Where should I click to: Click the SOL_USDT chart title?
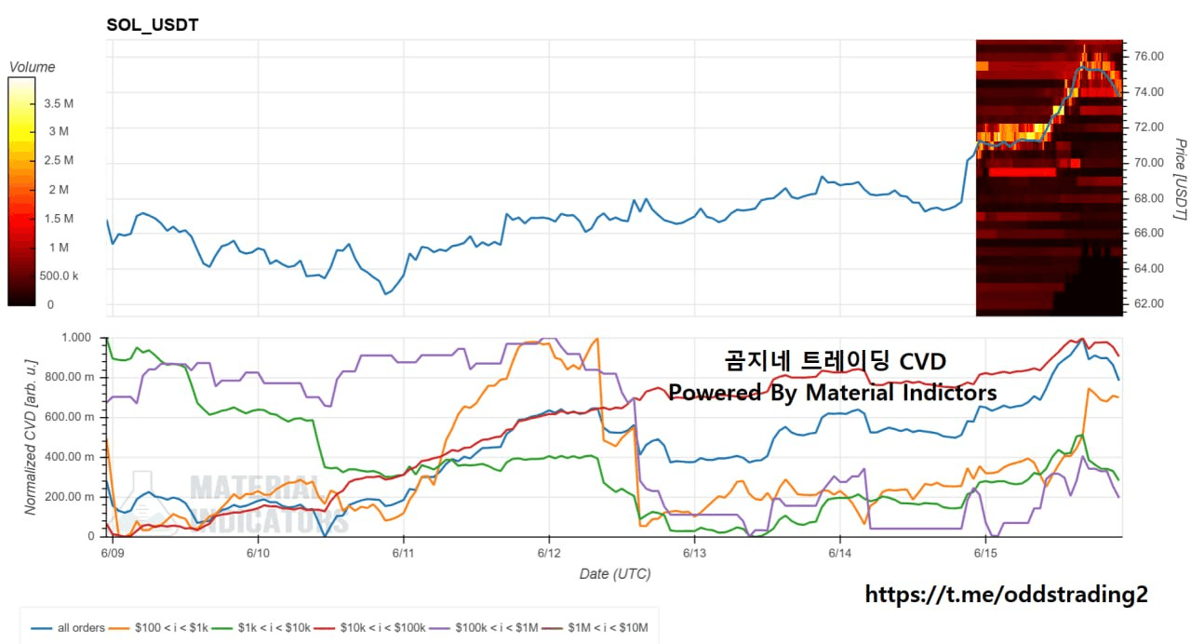click(x=153, y=25)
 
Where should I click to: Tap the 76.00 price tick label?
click(x=1149, y=57)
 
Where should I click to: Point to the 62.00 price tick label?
click(x=1149, y=303)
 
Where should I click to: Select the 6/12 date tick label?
click(x=549, y=553)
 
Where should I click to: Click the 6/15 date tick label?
click(x=985, y=553)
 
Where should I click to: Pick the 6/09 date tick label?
click(x=113, y=553)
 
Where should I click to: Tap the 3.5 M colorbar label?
click(x=59, y=103)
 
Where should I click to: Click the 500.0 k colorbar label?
click(x=59, y=276)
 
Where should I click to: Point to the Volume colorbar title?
click(x=32, y=67)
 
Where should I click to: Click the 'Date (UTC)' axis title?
click(x=615, y=574)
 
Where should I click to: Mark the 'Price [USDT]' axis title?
click(x=1180, y=180)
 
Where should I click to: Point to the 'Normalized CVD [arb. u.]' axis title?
click(x=31, y=437)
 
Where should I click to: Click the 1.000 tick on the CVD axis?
click(x=76, y=338)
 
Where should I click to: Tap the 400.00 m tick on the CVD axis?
click(x=73, y=457)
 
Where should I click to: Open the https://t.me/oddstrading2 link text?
click(x=1006, y=595)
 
